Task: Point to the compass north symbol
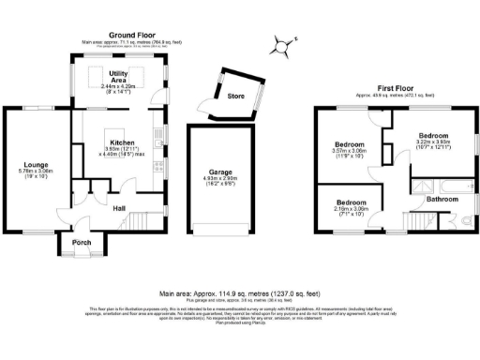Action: [x=282, y=42]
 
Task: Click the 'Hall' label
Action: [x=120, y=208]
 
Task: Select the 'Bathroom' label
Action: [x=442, y=199]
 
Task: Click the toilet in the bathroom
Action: [x=465, y=221]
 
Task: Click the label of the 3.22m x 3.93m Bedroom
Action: [x=433, y=136]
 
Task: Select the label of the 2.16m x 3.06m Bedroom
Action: [x=352, y=202]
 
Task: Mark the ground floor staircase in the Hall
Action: [x=137, y=221]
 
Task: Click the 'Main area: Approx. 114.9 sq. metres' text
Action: [x=239, y=292]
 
